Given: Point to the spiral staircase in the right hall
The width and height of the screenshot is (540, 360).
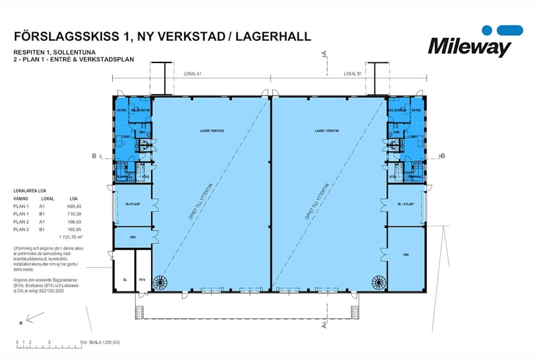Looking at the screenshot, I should (378, 281).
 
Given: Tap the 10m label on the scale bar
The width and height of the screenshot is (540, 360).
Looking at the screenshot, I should (83, 343).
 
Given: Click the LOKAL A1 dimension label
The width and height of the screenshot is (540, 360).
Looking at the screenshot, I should (191, 74).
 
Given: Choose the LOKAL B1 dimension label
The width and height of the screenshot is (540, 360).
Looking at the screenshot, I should (352, 74).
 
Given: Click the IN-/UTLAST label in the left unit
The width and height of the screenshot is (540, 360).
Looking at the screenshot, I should (133, 205).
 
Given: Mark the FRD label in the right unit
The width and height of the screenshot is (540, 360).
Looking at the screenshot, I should (406, 255).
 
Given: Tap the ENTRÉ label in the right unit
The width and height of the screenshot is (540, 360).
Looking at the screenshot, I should (417, 110).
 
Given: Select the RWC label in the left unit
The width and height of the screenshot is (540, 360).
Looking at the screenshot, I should (143, 133).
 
